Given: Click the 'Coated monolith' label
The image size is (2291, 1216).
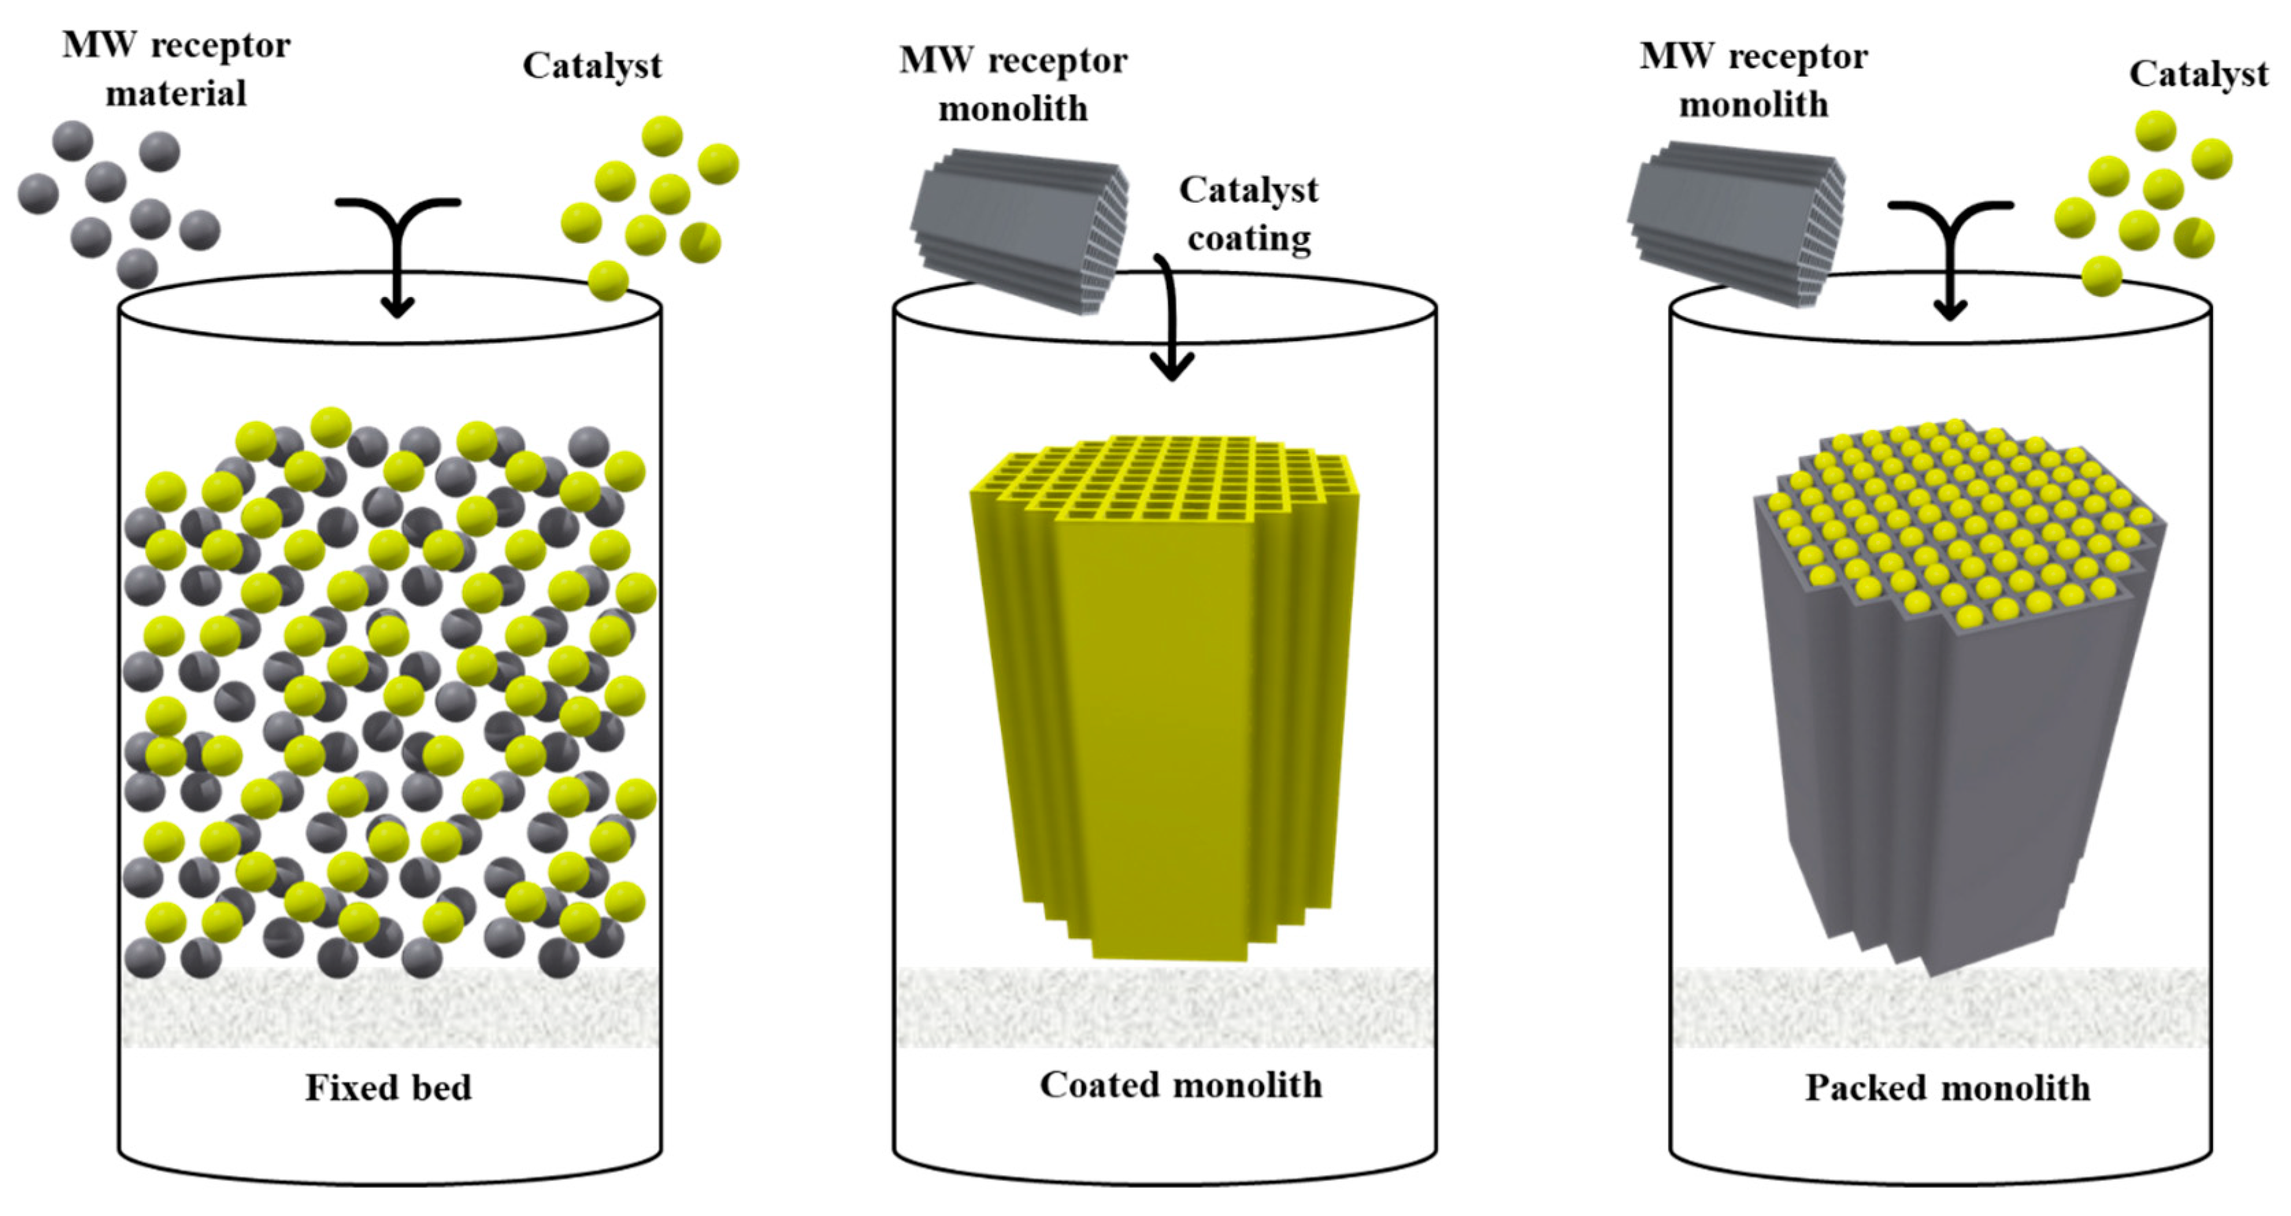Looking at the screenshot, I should tap(1180, 1085).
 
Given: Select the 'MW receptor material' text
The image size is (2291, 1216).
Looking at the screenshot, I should tap(176, 68).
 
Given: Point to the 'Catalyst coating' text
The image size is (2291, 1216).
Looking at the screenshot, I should tap(1249, 214).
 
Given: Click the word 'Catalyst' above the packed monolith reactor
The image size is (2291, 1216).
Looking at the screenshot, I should tap(2198, 74).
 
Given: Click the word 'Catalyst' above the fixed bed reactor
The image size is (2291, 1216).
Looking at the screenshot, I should tap(592, 66).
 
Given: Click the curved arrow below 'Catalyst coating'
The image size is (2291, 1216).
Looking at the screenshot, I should tap(1172, 320).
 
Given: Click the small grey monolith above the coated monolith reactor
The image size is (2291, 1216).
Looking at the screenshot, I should tap(1020, 229).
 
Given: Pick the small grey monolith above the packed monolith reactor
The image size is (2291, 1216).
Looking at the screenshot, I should tap(1736, 223).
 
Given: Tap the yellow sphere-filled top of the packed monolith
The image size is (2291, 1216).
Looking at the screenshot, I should tap(1957, 525).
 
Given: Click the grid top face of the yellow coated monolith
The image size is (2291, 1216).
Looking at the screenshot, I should tap(1156, 481).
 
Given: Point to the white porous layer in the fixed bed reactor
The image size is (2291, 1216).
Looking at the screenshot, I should tap(390, 1007).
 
